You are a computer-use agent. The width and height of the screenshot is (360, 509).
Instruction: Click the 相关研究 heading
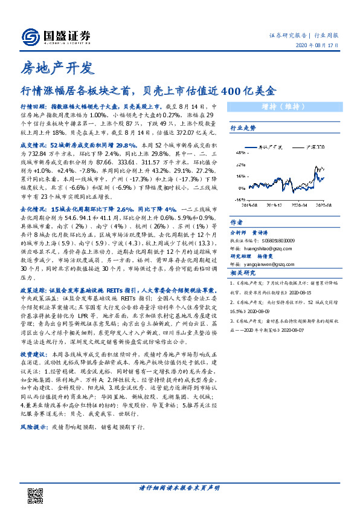click(243, 274)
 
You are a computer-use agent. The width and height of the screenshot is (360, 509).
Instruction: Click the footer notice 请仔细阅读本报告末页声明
click(179, 487)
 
